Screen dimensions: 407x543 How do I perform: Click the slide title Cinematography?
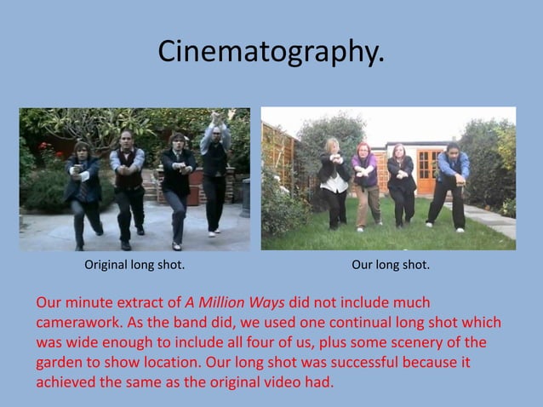(x=271, y=53)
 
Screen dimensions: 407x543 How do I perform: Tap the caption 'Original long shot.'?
(x=134, y=266)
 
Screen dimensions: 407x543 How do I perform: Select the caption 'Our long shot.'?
(x=391, y=266)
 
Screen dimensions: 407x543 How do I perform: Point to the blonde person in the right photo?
(x=334, y=179)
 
